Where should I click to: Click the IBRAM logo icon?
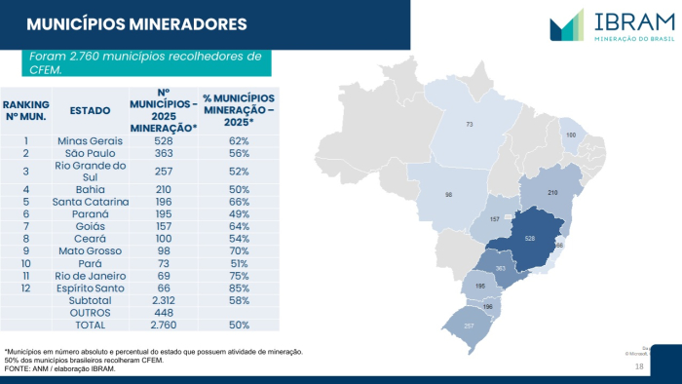(566, 24)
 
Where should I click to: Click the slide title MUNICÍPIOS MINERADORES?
(136, 23)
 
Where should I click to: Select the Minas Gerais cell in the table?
(91, 141)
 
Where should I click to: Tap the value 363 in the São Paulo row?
(163, 154)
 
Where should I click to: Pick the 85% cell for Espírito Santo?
(240, 289)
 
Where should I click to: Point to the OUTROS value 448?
(163, 313)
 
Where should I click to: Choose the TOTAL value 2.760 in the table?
(163, 325)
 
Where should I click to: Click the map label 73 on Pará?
(469, 125)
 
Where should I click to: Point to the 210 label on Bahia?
(551, 193)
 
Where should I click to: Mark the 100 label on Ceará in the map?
(571, 134)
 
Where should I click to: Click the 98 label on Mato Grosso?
(448, 195)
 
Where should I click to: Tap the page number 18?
(639, 366)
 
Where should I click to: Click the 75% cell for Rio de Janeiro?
(240, 277)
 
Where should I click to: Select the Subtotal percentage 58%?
(240, 301)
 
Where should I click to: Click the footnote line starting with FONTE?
(60, 368)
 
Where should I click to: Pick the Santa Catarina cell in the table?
(91, 202)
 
